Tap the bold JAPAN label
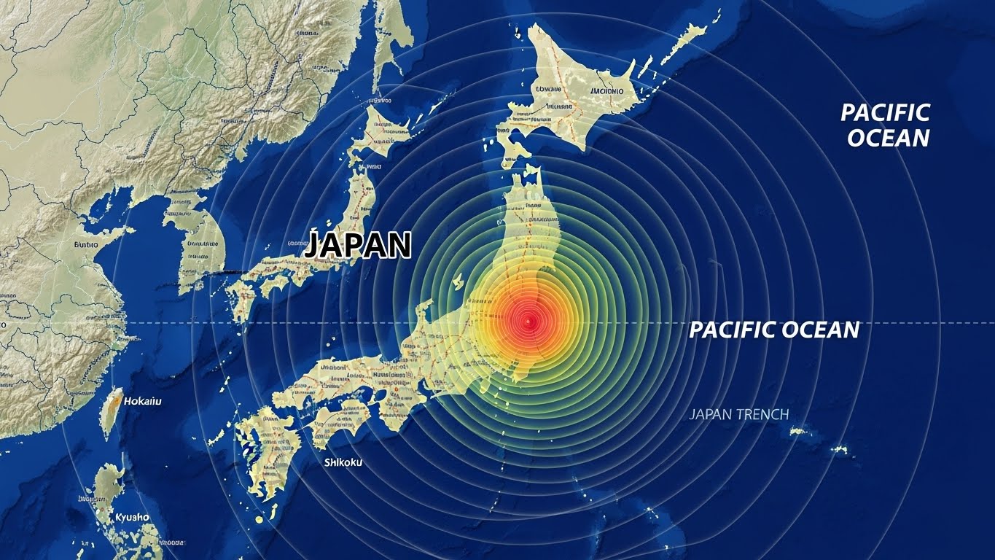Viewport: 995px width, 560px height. coord(358,246)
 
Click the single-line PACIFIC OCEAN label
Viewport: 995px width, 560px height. coord(774,330)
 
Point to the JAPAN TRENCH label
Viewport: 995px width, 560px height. coord(738,414)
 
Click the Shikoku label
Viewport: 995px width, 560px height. coord(343,462)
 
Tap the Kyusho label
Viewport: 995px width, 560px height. coord(132,517)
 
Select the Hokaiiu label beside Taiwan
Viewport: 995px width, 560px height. coord(143,401)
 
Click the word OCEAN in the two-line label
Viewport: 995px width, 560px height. coord(889,138)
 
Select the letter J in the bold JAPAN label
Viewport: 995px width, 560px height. coord(313,246)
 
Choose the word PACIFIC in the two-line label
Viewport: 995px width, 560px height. coord(885,112)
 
